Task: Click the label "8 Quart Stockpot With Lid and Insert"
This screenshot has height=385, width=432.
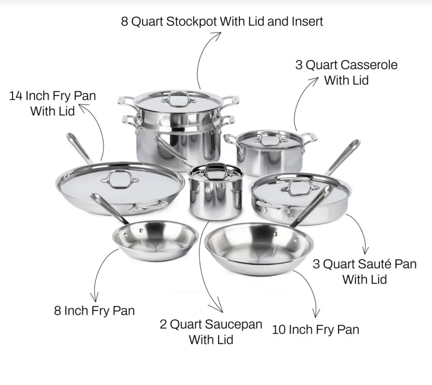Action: tap(222, 22)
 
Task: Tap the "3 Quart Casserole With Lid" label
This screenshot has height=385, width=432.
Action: tap(346, 73)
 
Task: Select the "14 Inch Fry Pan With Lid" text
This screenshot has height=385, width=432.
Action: tap(53, 104)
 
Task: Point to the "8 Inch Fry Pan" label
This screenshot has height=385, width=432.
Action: tap(94, 311)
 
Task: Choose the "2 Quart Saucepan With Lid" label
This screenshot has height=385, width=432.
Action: tap(211, 332)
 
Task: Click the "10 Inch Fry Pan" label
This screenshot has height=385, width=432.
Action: tap(316, 330)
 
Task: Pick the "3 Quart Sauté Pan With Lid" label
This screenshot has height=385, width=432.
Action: tap(365, 272)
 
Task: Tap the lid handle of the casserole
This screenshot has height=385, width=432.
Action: tap(268, 138)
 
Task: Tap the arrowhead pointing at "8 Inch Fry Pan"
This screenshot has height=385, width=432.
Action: tap(95, 298)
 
